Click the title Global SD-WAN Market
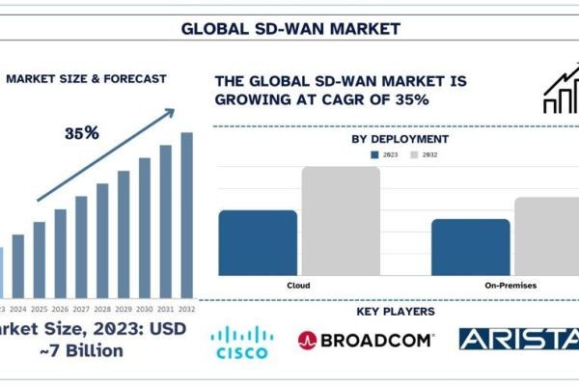click(x=289, y=28)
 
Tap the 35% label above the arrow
click(x=82, y=133)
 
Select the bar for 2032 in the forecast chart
click(x=186, y=214)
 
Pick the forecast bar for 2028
click(x=102, y=240)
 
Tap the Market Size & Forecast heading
click(x=86, y=78)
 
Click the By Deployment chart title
click(x=400, y=139)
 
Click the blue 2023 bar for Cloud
click(x=258, y=243)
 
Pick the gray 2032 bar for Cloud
click(x=340, y=221)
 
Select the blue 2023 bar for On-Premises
click(x=470, y=247)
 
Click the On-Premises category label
click(x=510, y=286)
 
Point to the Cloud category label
click(x=298, y=286)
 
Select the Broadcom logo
click(x=366, y=340)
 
